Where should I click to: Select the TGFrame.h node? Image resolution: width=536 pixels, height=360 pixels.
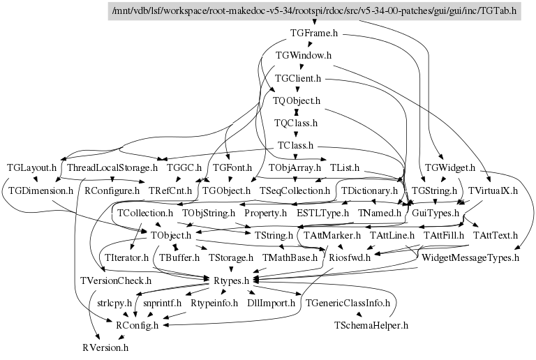tap(313, 33)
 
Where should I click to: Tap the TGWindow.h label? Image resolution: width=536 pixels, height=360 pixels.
tap(303, 55)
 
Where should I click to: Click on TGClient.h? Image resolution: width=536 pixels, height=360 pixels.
tap(297, 78)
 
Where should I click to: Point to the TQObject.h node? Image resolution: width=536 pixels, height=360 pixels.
tap(296, 100)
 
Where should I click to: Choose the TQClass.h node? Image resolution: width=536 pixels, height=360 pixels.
tap(296, 123)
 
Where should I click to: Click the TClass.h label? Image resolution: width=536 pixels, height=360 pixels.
tap(295, 146)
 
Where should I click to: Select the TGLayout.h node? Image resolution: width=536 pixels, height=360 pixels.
tap(31, 168)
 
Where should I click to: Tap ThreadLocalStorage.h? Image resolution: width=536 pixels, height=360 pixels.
tap(112, 168)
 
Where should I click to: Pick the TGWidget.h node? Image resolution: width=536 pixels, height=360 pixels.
tap(450, 168)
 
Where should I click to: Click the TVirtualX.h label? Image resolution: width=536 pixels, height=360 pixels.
tap(492, 190)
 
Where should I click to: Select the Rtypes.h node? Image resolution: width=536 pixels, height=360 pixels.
tap(227, 280)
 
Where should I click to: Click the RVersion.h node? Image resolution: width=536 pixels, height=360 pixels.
tap(105, 347)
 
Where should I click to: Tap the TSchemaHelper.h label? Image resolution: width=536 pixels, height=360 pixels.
tap(371, 325)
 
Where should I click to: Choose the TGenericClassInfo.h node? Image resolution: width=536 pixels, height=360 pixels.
tap(348, 303)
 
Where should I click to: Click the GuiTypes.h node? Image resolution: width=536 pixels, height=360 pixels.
tap(435, 212)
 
